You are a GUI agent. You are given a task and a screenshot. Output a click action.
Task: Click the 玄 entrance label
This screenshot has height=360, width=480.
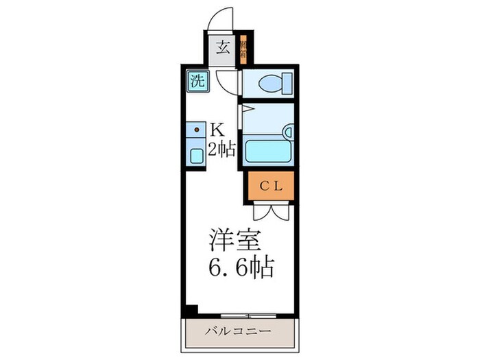223,49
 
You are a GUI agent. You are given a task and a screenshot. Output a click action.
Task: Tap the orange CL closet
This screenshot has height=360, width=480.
270,185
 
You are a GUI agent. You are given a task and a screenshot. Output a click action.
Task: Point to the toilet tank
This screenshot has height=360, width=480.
287,84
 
